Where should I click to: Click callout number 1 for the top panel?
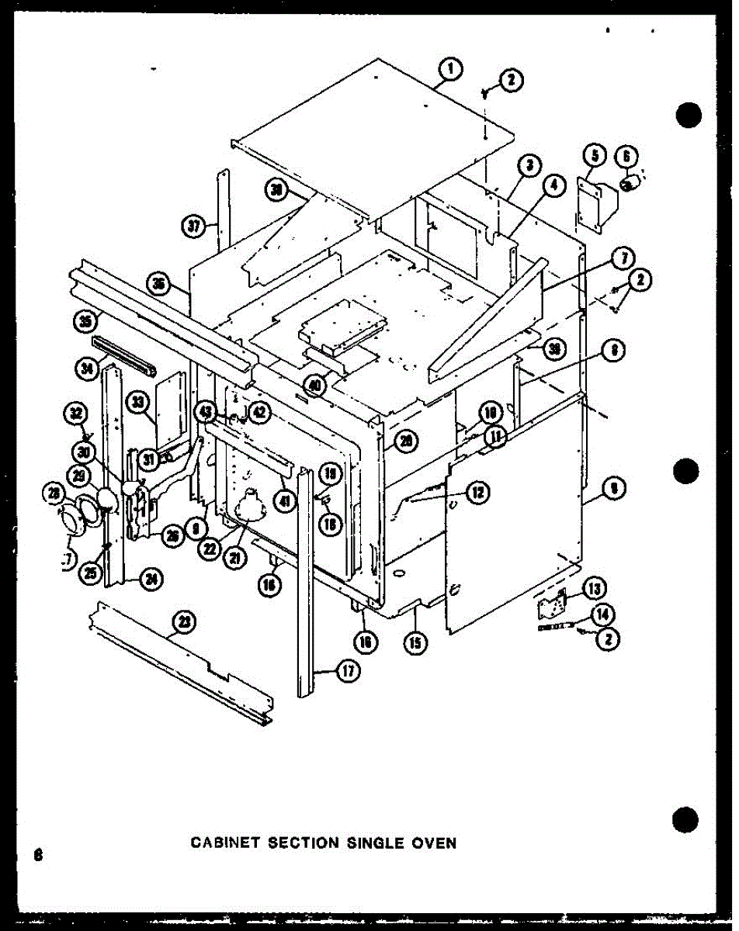(x=449, y=71)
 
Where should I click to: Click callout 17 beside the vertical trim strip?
(x=349, y=672)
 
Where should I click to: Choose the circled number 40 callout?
(x=314, y=386)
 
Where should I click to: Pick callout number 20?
(x=405, y=441)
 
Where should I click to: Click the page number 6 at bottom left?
(x=36, y=855)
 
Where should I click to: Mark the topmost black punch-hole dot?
(x=689, y=115)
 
